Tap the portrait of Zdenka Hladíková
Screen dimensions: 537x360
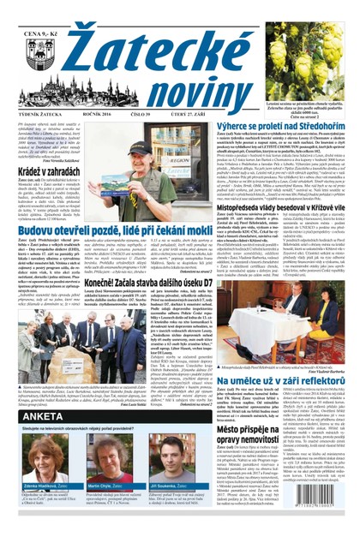(39, 485)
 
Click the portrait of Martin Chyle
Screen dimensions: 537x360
(98, 485)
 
